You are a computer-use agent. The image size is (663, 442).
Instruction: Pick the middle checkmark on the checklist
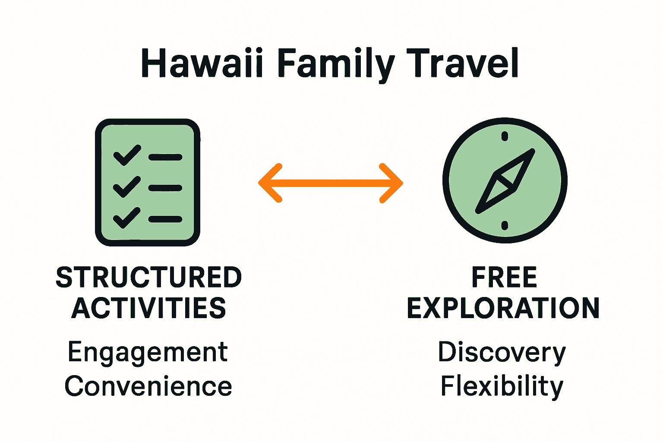click(126, 186)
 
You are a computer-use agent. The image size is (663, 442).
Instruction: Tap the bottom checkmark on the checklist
click(126, 218)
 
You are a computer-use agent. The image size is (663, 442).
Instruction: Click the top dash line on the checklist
click(165, 158)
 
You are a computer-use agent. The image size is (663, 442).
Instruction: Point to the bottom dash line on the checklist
click(165, 219)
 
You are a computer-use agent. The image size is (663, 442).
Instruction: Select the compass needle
click(505, 181)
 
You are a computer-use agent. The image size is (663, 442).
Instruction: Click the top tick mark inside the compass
click(505, 137)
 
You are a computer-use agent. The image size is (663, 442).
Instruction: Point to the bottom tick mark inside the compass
click(505, 225)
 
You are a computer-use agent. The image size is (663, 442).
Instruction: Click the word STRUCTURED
click(149, 277)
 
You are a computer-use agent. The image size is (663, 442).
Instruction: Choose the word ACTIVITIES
click(149, 308)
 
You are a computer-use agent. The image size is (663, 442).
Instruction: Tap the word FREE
click(504, 277)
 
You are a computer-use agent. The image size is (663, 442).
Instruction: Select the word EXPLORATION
click(503, 308)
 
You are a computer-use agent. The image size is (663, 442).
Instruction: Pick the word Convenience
click(148, 386)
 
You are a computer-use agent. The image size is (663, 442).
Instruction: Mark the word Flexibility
click(502, 386)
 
